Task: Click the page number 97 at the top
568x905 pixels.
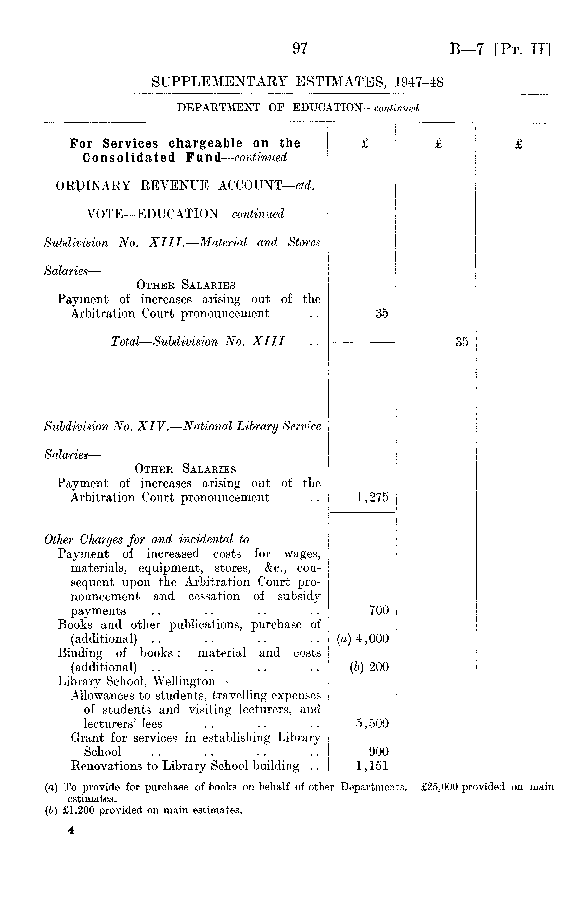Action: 300,49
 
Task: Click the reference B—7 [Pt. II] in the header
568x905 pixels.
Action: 500,49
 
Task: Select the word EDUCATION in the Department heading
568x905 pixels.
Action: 327,108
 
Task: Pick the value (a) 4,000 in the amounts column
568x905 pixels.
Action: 363,639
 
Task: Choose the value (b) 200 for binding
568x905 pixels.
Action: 369,667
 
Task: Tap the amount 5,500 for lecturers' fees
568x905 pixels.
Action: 372,724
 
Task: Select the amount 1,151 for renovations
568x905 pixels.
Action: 372,766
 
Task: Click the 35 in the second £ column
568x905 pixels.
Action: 462,342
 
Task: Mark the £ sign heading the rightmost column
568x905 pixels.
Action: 519,144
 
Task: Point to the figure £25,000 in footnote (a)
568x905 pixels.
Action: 440,787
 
